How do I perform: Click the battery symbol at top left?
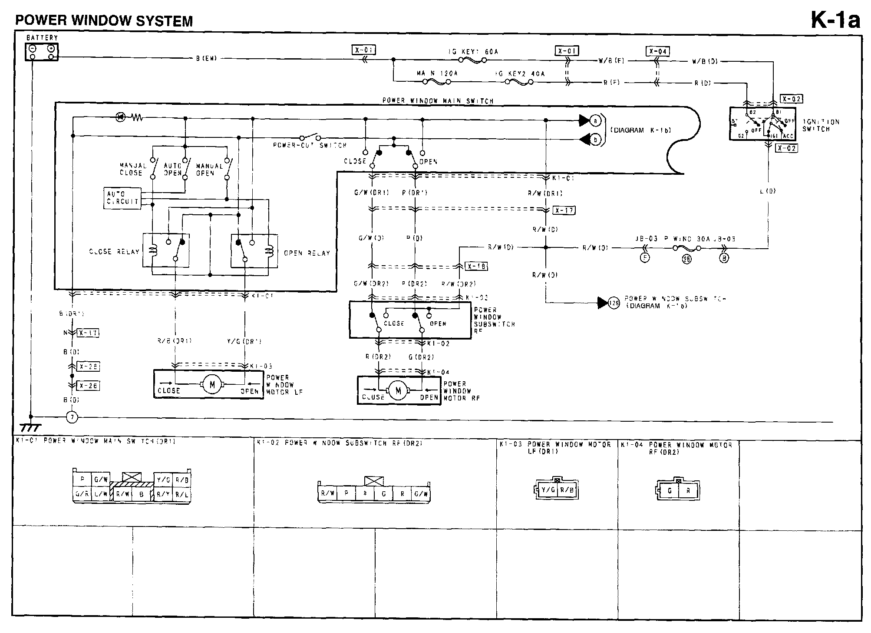42,52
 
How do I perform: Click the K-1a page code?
835,20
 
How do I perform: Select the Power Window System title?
104,21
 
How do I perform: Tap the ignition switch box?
762,123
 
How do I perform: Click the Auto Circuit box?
122,198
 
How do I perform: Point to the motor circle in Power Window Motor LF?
212,385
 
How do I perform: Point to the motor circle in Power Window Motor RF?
398,391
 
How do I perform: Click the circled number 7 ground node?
72,417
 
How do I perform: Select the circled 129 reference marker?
614,303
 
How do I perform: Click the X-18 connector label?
476,266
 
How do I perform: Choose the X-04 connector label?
657,51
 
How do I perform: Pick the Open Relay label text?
307,253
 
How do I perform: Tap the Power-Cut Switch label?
310,145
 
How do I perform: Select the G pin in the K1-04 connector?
670,491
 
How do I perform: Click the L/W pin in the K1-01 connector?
101,494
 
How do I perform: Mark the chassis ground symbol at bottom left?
30,428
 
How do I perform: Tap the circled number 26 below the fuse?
686,260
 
